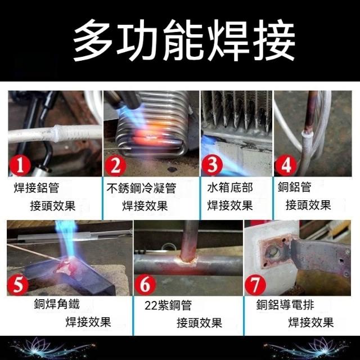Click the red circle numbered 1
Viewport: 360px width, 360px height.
point(20,166)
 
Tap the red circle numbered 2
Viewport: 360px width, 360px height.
point(115,166)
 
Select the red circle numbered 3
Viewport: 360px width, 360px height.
point(212,165)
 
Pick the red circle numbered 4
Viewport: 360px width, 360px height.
point(286,165)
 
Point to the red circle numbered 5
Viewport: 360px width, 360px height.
point(18,285)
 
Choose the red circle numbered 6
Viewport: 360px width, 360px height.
point(145,285)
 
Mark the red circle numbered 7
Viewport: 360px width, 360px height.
point(255,285)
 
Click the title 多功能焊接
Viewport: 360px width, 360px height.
point(184,40)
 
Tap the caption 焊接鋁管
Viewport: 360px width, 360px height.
point(37,187)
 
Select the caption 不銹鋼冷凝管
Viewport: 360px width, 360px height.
point(141,188)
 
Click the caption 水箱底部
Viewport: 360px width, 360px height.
point(230,187)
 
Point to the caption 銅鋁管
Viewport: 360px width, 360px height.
point(295,187)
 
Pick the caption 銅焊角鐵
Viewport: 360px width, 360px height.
point(57,304)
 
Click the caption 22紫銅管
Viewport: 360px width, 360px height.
point(168,305)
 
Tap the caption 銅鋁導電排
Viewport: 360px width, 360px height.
point(285,305)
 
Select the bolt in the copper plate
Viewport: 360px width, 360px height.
point(273,253)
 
